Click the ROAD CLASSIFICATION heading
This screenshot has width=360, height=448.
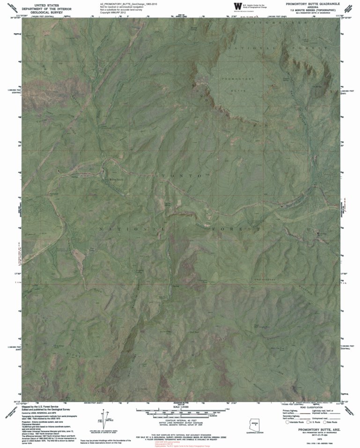[309, 407]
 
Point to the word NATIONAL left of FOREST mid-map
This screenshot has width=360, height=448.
[131, 229]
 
